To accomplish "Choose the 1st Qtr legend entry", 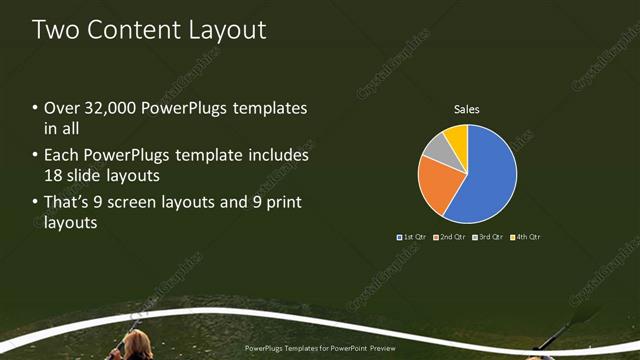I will [x=414, y=237].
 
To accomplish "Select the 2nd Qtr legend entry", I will [x=450, y=237].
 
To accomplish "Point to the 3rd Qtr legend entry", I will [x=487, y=237].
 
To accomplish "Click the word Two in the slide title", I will [x=52, y=30].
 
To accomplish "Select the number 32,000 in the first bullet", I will [x=105, y=108].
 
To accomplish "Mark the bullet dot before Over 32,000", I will [x=36, y=108].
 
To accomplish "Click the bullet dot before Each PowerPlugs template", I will [x=36, y=156].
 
